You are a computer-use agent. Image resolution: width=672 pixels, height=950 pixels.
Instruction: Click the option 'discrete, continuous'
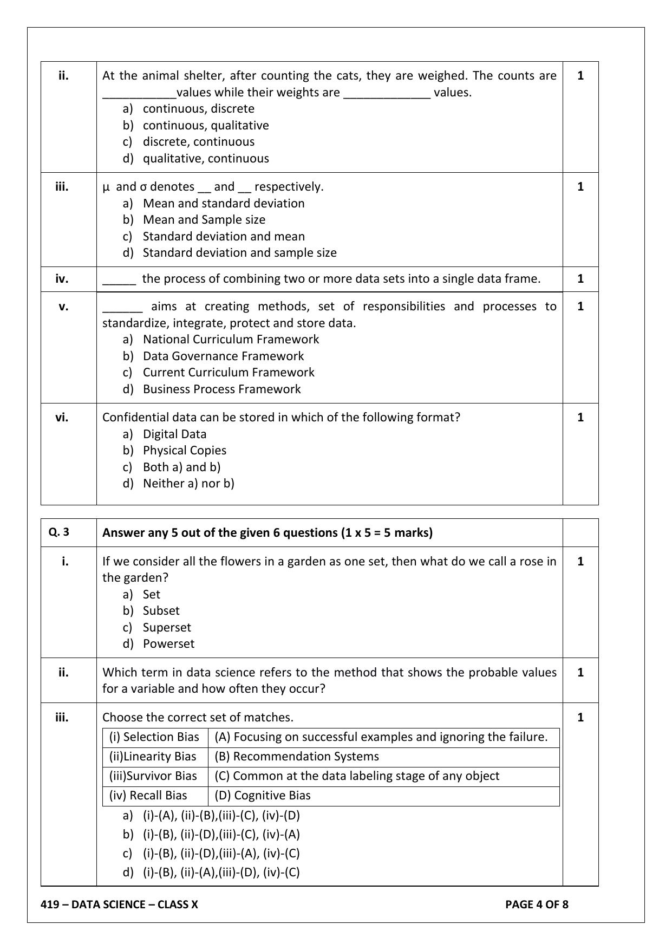(x=198, y=142)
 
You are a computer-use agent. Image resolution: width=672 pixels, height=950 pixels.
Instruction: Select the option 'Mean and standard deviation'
(x=223, y=204)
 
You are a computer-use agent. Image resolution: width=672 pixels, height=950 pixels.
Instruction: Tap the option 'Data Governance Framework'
(x=223, y=356)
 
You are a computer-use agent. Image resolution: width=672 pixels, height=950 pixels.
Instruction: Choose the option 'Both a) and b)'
(x=181, y=467)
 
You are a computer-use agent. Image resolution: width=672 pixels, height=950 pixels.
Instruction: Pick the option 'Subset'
(x=161, y=611)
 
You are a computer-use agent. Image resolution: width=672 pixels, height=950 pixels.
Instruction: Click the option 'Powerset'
(x=168, y=644)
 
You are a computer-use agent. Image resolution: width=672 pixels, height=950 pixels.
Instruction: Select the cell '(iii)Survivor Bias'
(x=154, y=776)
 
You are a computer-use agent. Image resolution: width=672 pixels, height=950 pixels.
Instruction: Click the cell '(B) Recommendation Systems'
(x=297, y=757)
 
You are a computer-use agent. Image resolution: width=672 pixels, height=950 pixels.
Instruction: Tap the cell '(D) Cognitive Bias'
(x=263, y=796)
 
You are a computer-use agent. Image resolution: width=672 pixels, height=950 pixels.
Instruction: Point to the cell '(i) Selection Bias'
(x=154, y=737)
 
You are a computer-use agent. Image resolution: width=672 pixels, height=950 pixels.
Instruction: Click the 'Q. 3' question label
(x=59, y=532)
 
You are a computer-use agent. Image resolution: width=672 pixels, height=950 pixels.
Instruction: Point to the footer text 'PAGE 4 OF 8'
(x=537, y=905)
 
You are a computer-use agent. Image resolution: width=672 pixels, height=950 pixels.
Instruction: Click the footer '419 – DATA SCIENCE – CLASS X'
(x=120, y=905)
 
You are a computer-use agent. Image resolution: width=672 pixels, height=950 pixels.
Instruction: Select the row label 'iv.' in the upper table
(x=62, y=279)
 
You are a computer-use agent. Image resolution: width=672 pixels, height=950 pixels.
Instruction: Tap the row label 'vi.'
(x=62, y=418)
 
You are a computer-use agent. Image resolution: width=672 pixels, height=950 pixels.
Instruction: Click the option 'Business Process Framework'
(x=221, y=389)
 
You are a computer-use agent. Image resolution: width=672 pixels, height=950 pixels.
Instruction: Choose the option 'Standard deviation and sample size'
(x=239, y=253)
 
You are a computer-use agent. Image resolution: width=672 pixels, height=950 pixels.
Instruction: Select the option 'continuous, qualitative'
(x=206, y=126)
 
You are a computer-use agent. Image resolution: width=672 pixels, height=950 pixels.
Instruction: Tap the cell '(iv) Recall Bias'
(x=148, y=796)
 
